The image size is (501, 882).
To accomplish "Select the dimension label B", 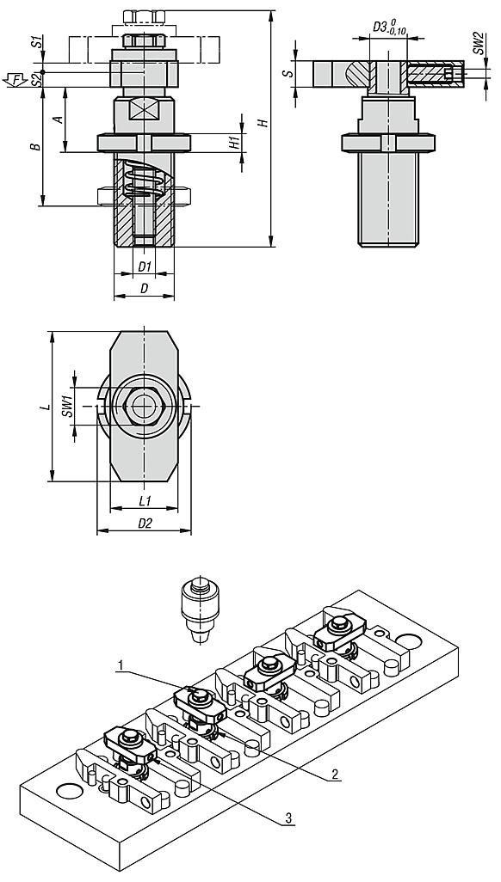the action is pos(35,146).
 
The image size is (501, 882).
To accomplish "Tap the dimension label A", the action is pos(57,119).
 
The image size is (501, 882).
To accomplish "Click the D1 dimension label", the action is pos(145,266).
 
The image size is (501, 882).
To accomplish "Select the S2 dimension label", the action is pos(36,79).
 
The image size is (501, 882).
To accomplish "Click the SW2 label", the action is pos(478,43).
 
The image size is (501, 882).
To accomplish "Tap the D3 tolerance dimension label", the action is pos(390,28).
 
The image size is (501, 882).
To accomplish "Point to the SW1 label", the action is pos(67,406).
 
